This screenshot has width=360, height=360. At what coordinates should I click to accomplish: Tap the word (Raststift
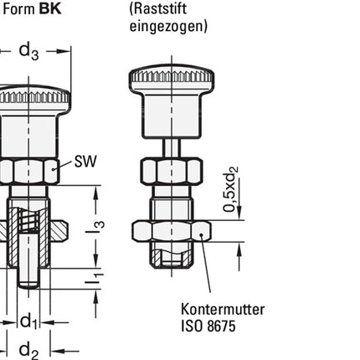(162, 8)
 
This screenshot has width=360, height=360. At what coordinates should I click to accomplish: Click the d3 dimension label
(28, 52)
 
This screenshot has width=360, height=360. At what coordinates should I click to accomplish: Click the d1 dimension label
(29, 320)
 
